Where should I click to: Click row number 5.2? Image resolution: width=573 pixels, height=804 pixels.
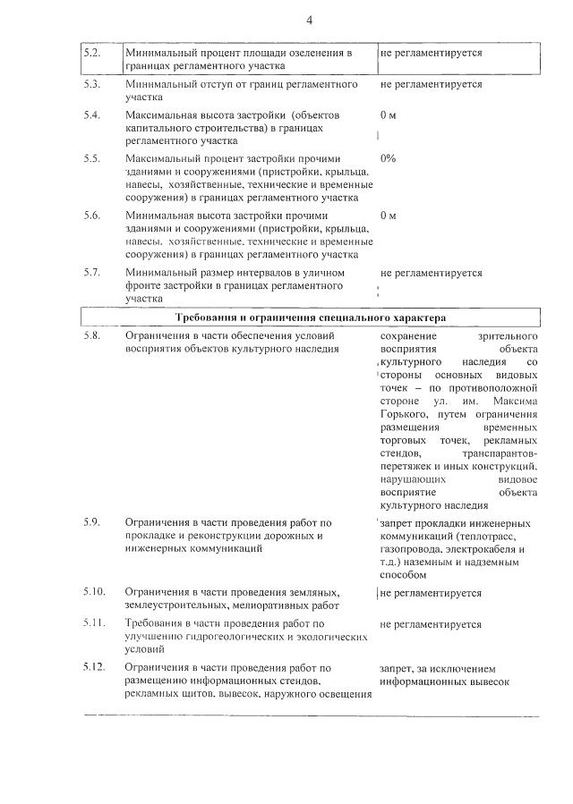92,53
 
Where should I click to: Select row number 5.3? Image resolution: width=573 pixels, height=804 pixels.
92,84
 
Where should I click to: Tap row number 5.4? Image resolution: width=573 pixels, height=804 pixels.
92,115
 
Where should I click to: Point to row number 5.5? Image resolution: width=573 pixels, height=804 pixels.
92,158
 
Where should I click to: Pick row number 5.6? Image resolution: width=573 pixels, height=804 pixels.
92,216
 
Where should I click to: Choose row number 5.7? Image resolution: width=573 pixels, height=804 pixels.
92,272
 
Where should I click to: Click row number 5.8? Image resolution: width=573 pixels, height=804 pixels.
92,335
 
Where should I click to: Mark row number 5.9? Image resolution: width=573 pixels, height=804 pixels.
92,521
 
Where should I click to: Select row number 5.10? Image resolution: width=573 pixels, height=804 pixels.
94,592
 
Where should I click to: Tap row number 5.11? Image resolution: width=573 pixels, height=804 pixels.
94,623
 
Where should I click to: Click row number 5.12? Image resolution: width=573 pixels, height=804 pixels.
94,667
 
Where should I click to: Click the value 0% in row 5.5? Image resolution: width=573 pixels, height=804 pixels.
389,158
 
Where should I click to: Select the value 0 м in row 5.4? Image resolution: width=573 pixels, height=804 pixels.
389,115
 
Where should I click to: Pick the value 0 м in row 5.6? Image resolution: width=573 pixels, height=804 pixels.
389,216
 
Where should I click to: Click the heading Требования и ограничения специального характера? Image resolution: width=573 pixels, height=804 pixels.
310,317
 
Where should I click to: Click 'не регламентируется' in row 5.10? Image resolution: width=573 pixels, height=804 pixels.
431,593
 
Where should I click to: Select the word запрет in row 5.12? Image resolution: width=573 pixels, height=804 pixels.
397,668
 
